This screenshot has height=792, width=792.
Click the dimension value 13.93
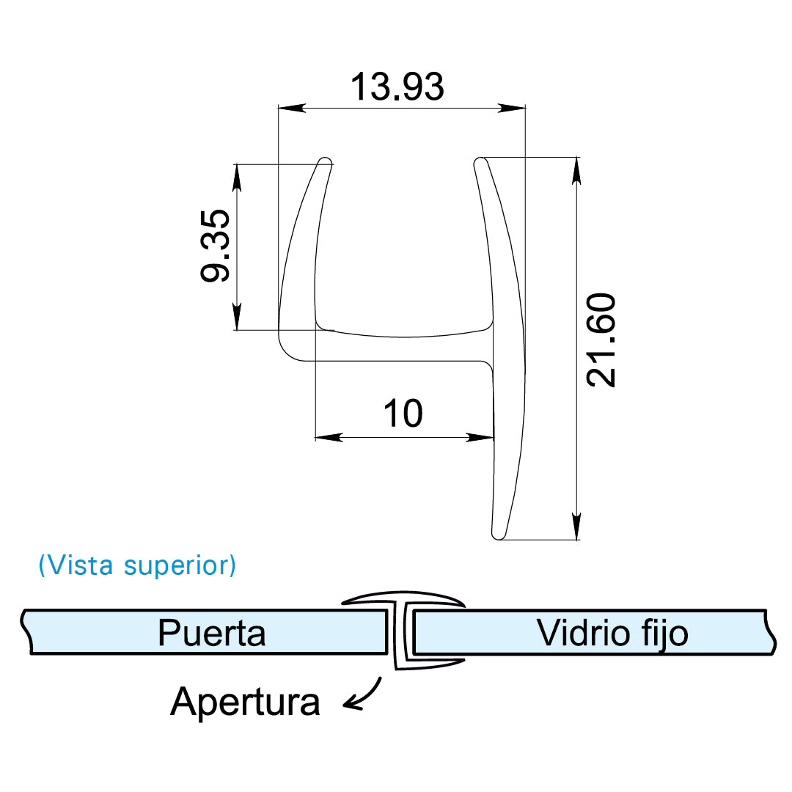397,87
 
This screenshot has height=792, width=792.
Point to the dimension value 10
403,414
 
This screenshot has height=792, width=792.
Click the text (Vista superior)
137,565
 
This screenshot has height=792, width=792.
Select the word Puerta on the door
212,632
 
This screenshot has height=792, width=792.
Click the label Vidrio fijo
612,632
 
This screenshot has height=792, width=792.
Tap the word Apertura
245,702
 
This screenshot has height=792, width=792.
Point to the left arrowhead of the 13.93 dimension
290,108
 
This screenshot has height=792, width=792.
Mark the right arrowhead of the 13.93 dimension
513,108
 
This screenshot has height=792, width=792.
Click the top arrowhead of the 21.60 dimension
577,170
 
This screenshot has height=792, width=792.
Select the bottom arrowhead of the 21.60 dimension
577,526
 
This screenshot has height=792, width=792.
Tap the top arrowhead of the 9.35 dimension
237,176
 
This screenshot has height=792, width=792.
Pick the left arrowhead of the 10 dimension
328,438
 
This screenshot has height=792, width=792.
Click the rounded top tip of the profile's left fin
325,160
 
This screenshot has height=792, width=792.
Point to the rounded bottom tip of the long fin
498,535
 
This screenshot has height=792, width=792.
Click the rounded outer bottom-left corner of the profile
287,353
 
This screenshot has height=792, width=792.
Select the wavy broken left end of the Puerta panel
27,631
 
